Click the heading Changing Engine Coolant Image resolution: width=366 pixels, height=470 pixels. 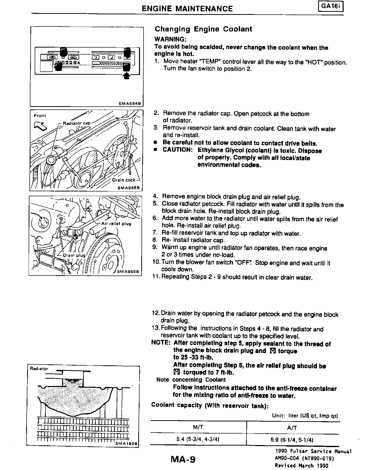203,29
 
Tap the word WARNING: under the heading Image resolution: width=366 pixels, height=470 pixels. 170,40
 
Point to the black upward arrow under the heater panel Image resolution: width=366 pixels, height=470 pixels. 127,75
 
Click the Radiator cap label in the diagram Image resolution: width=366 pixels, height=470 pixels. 76,123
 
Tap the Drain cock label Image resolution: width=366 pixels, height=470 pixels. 124,180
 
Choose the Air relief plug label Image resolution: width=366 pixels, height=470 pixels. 116,224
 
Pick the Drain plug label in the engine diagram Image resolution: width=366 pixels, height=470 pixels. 74,255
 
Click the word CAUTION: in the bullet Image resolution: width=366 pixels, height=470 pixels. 178,150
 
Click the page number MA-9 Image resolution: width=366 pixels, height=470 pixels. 183,459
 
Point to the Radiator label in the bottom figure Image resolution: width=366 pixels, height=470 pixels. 39,369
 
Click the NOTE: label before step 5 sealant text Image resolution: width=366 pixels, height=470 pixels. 161,343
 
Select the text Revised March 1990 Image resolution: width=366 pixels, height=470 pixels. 301,466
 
